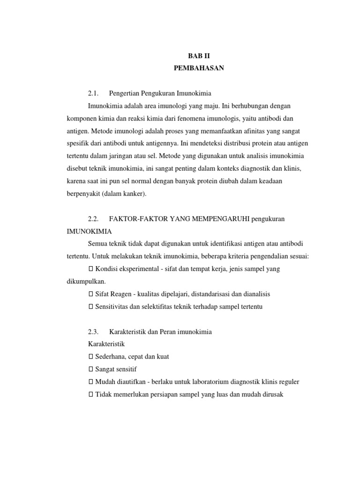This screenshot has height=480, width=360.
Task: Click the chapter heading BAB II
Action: coord(199,56)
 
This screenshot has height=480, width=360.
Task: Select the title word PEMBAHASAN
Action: coord(199,68)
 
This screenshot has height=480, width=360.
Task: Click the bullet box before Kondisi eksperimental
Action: coord(91,269)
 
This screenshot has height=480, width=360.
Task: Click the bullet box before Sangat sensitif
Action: coord(91,369)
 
